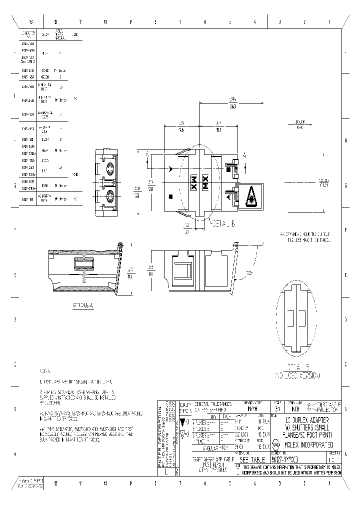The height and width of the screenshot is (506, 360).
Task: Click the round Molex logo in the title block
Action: [275, 443]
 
